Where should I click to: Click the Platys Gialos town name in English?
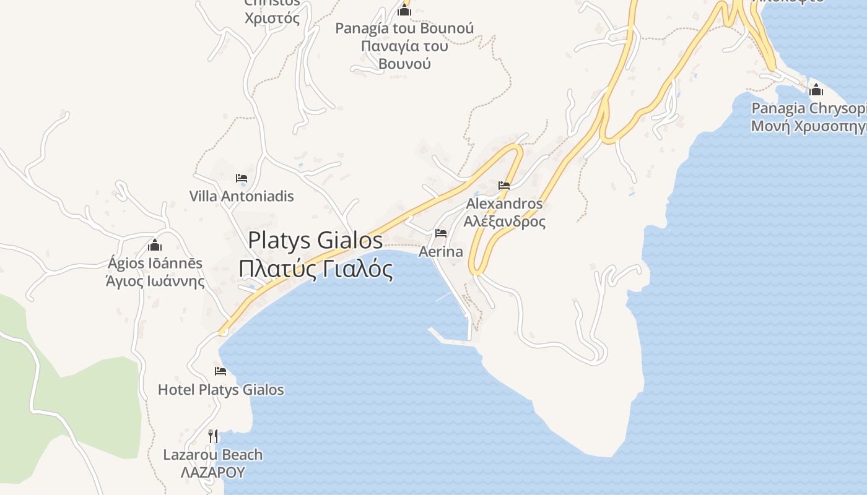[315, 240]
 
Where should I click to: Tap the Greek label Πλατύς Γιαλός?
[315, 269]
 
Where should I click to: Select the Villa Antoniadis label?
[242, 196]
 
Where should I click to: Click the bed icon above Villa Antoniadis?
[242, 179]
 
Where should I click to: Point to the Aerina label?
[441, 252]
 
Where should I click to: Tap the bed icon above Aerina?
[441, 233]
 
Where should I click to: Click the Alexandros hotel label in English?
[504, 204]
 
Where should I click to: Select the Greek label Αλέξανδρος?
[504, 221]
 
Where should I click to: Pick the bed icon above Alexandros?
[504, 186]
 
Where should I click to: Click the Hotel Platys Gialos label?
[221, 390]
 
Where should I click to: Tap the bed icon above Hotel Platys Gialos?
[220, 371]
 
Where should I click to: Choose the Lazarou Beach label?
[213, 455]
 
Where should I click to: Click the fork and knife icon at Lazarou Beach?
[213, 436]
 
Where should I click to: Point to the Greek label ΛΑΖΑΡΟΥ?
[213, 473]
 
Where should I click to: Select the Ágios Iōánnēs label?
[155, 263]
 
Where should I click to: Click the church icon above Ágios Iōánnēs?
[155, 245]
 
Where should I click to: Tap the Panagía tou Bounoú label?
[404, 28]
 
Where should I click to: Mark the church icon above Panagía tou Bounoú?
[404, 10]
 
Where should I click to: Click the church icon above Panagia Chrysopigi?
[816, 90]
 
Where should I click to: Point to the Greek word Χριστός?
[272, 18]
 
